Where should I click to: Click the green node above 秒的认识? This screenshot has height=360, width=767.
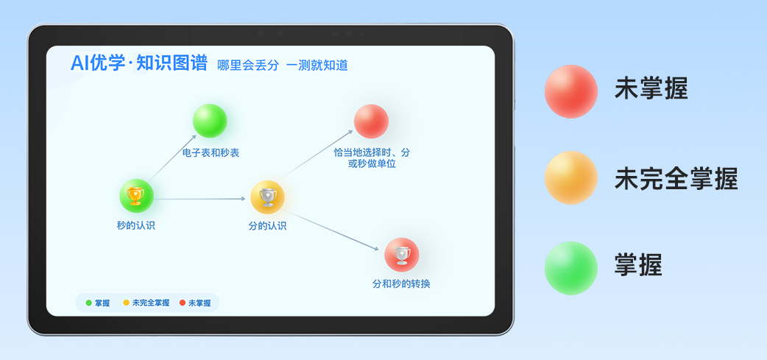(136, 196)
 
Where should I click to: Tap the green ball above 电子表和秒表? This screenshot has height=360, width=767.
(210, 121)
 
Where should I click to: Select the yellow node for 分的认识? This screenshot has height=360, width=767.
(268, 197)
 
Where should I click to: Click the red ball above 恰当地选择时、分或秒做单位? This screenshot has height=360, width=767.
(371, 121)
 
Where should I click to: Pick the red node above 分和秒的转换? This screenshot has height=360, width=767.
(402, 254)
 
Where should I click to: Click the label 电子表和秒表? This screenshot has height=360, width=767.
(211, 153)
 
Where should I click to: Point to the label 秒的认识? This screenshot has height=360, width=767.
(136, 225)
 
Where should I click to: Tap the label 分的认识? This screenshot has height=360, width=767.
(268, 226)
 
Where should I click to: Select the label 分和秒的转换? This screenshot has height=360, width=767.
(402, 283)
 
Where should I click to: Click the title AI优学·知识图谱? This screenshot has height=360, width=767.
(139, 63)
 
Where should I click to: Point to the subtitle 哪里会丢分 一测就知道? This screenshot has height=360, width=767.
(283, 66)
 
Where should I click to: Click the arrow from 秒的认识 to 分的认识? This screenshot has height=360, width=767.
(199, 199)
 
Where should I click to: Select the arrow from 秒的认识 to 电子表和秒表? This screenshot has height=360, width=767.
(172, 158)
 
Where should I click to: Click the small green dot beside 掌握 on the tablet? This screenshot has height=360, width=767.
(88, 303)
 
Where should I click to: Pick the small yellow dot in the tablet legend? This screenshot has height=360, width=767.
(126, 303)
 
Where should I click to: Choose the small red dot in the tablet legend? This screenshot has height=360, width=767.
(183, 303)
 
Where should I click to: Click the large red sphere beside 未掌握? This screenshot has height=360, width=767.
(571, 91)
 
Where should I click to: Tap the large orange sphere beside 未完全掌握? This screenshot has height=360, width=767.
(571, 177)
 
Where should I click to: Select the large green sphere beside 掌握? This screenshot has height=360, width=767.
(571, 268)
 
